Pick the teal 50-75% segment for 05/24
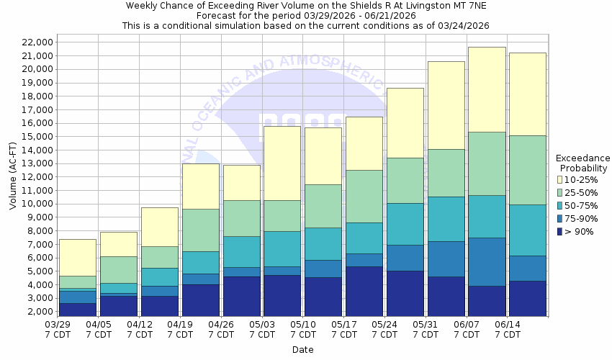[405, 224]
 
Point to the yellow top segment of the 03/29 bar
[78, 257]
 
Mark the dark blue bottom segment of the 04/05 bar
[118, 306]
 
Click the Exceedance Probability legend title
[583, 163]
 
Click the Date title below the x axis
[302, 349]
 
